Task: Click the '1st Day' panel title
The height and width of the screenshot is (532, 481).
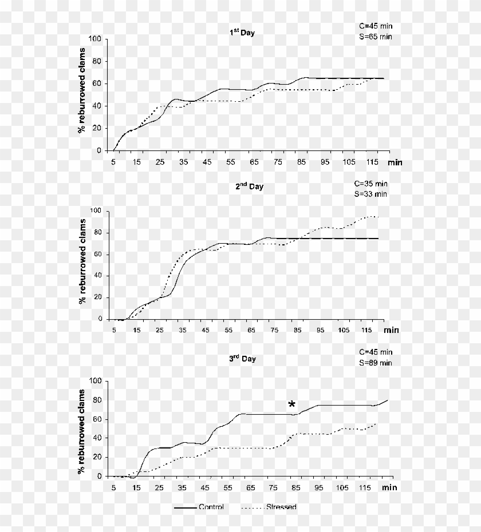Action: (239, 33)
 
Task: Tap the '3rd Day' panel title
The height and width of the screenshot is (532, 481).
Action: (242, 359)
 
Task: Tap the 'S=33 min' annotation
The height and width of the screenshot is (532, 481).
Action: (370, 194)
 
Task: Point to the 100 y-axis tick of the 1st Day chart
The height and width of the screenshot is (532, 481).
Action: (96, 39)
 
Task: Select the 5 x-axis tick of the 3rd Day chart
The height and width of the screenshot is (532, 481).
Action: (113, 487)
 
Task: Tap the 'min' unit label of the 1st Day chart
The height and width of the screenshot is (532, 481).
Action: (395, 162)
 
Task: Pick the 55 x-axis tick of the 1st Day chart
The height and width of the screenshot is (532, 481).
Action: (231, 162)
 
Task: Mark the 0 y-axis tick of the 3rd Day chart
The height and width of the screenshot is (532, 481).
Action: (100, 477)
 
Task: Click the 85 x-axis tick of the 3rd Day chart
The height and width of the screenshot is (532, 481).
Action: (296, 487)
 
